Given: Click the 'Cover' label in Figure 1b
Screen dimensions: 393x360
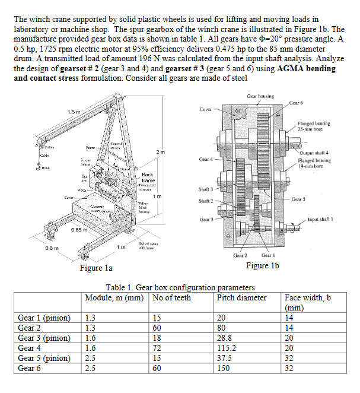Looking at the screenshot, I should tap(206, 109).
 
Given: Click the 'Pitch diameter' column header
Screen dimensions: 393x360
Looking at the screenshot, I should tap(241, 297).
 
